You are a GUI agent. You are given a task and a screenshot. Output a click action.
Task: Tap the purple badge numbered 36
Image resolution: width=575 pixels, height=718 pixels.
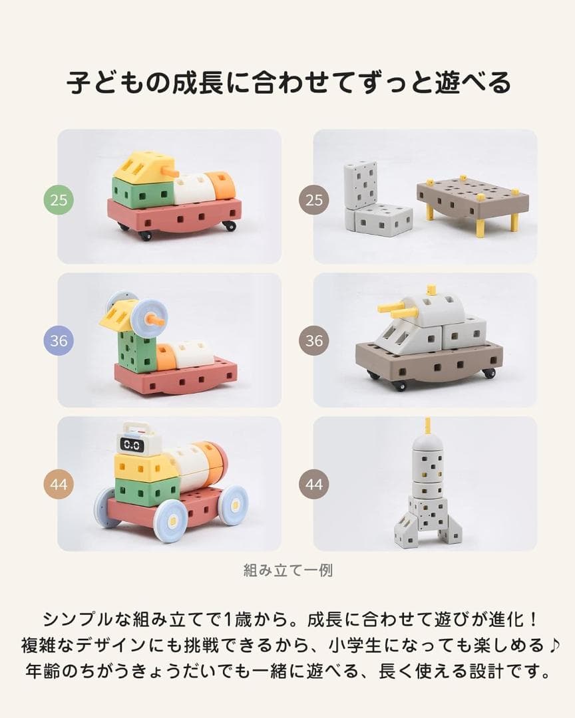59,340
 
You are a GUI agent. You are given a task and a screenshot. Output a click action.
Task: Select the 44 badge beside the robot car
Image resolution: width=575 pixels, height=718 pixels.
59,484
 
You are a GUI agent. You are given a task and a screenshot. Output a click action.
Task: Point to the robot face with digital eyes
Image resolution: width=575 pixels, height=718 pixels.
132,443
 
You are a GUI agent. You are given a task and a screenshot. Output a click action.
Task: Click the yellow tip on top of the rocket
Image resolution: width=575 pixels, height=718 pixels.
427,425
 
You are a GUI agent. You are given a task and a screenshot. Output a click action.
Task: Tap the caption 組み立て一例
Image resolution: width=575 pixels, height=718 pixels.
287,570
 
